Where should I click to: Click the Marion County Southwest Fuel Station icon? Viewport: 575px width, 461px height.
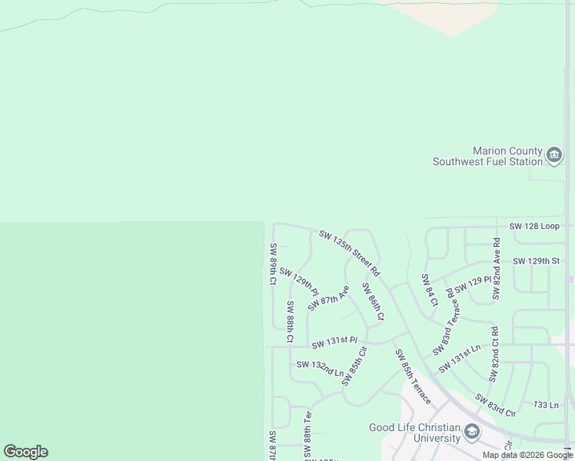pyautogui.click(x=554, y=157)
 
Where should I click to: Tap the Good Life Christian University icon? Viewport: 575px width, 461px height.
pyautogui.click(x=472, y=433)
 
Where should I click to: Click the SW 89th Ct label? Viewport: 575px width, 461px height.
pyautogui.click(x=273, y=264)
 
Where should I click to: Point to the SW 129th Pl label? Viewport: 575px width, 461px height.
pyautogui.click(x=299, y=281)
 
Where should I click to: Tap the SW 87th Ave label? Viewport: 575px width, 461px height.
pyautogui.click(x=328, y=298)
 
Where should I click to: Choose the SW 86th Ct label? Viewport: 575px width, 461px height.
pyautogui.click(x=373, y=300)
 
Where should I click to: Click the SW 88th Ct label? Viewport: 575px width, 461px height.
pyautogui.click(x=291, y=321)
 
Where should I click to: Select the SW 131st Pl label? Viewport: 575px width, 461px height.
pyautogui.click(x=334, y=340)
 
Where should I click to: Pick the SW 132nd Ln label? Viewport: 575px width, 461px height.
pyautogui.click(x=320, y=367)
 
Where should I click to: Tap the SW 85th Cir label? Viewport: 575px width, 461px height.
pyautogui.click(x=355, y=366)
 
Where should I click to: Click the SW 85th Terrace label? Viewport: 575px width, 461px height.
pyautogui.click(x=413, y=376)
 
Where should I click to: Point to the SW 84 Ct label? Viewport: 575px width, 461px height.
pyautogui.click(x=429, y=290)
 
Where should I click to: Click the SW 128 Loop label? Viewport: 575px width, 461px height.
pyautogui.click(x=534, y=227)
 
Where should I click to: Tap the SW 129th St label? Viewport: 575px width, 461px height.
pyautogui.click(x=536, y=261)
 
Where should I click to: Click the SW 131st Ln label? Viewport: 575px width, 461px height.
pyautogui.click(x=459, y=359)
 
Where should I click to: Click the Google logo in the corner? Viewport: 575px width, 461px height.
pyautogui.click(x=25, y=452)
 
